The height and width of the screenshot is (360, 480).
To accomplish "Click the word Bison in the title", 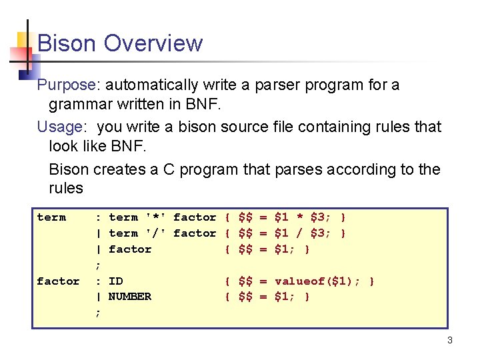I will coord(67,43).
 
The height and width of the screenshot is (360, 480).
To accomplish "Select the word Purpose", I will coord(67,85).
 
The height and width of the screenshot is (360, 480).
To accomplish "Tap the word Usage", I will coord(60,127).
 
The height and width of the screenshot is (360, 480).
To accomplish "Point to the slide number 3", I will coord(450,341).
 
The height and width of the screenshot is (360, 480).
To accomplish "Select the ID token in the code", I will coord(115,281).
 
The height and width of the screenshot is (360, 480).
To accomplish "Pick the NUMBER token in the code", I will coord(130,297).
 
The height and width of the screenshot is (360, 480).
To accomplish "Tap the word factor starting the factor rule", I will coord(58,281).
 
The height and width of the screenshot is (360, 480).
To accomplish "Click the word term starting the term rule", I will coord(51,217).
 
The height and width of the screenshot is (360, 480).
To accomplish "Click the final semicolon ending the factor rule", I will coord(99,312).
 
